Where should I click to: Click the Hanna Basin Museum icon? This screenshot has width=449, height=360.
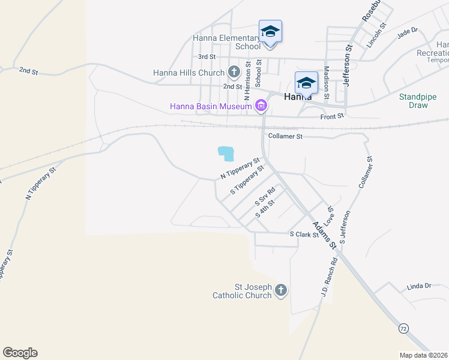pos(261,107)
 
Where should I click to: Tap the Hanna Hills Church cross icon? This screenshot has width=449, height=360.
pos(234,73)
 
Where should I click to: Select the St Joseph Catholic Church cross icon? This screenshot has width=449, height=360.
pos(280,291)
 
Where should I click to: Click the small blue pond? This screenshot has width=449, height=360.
pos(226,154)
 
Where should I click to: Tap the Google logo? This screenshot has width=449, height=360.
pos(20,353)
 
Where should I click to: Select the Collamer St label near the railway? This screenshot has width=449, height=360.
pos(286,136)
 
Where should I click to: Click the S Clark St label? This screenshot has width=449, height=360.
pos(304,235)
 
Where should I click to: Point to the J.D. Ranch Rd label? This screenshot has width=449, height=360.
pos(328,275)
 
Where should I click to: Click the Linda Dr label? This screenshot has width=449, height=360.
pos(419,286)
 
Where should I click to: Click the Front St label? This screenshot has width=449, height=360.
pos(332,116)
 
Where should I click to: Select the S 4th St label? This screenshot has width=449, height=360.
pos(265,209)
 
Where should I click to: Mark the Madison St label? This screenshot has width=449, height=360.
pos(327,83)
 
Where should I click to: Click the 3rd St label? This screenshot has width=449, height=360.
pos(206,56)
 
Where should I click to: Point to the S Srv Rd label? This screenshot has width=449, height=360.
pos(264,196)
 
